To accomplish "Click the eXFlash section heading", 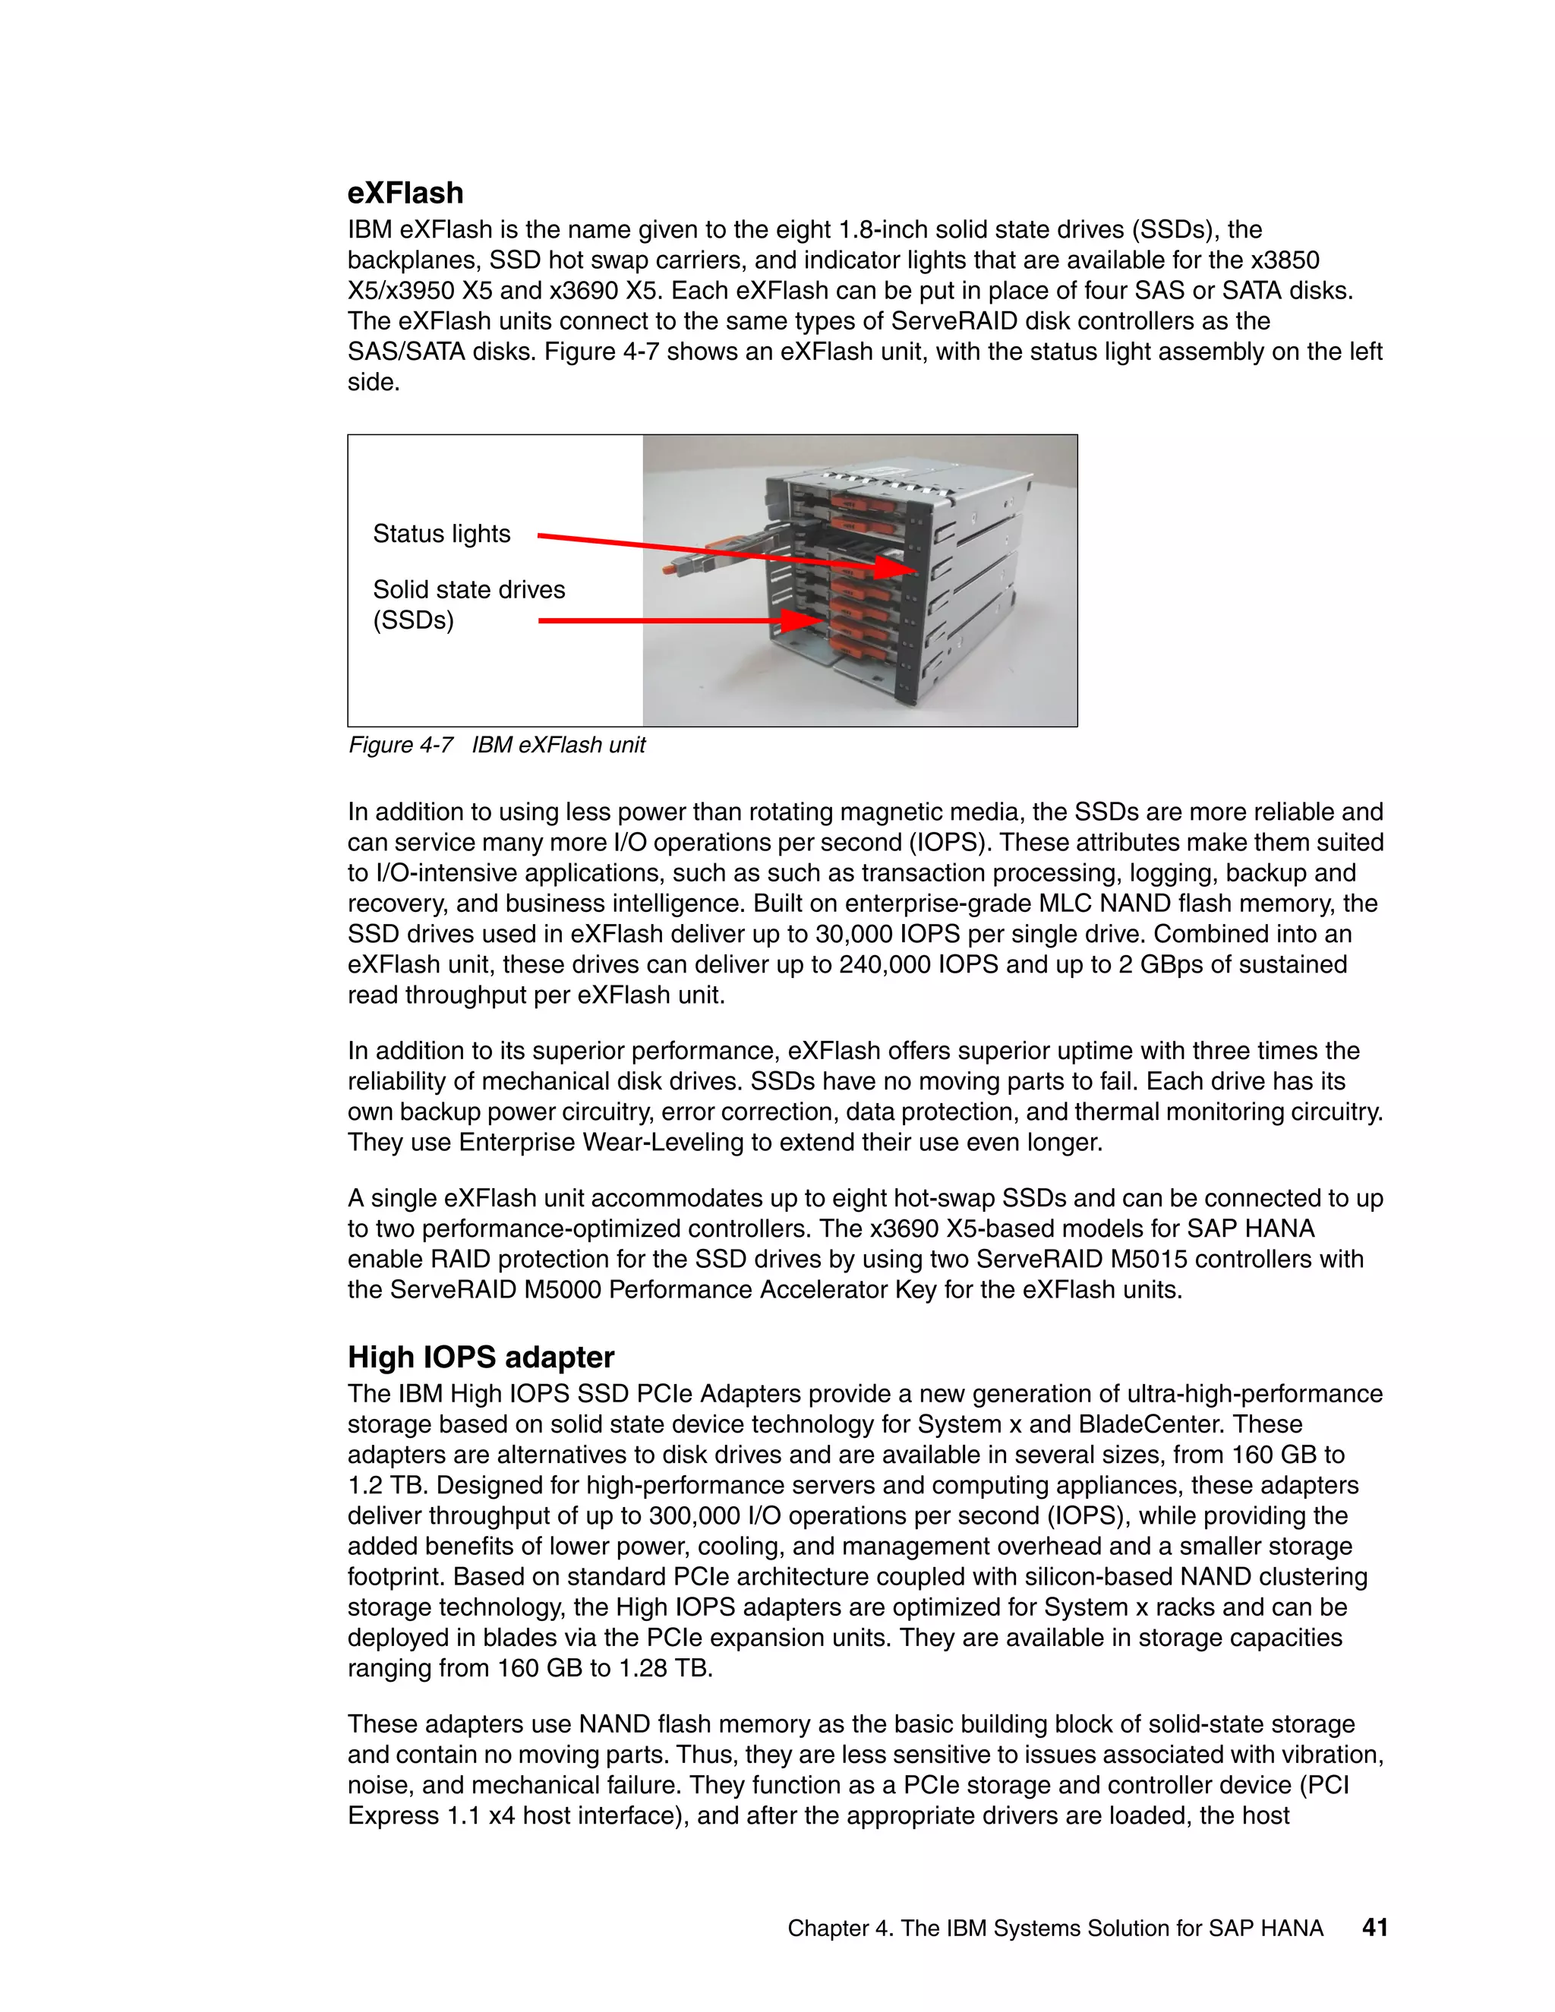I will (x=405, y=193).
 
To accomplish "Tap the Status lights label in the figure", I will (x=441, y=534).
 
